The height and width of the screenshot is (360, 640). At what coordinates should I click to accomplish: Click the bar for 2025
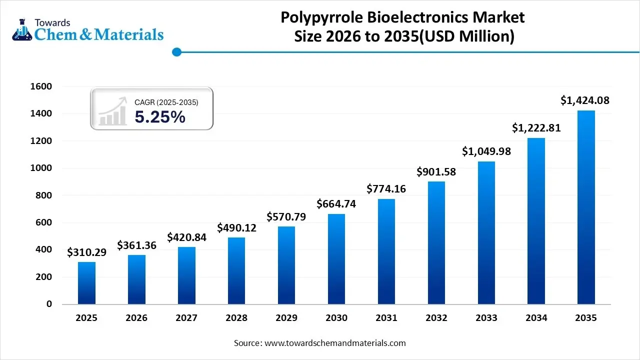pyautogui.click(x=86, y=283)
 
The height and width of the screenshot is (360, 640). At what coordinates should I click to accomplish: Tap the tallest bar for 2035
pyautogui.click(x=586, y=207)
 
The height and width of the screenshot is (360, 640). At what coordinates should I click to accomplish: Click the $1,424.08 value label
pyautogui.click(x=584, y=100)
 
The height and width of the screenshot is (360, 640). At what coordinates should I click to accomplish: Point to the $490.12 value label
pyautogui.click(x=236, y=227)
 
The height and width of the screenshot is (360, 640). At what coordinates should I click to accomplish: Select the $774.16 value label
pyautogui.click(x=386, y=188)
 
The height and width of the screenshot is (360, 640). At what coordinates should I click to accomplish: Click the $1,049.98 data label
pyautogui.click(x=486, y=151)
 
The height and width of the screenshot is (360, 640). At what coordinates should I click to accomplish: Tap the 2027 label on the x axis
pyautogui.click(x=186, y=318)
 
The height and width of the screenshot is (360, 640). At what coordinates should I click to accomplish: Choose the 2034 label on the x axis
pyautogui.click(x=536, y=318)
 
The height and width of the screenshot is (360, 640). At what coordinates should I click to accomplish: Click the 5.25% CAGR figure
pyautogui.click(x=160, y=117)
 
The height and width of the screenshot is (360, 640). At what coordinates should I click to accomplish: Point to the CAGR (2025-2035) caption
pyautogui.click(x=166, y=102)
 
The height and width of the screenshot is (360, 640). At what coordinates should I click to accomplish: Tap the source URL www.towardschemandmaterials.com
pyautogui.click(x=334, y=343)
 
